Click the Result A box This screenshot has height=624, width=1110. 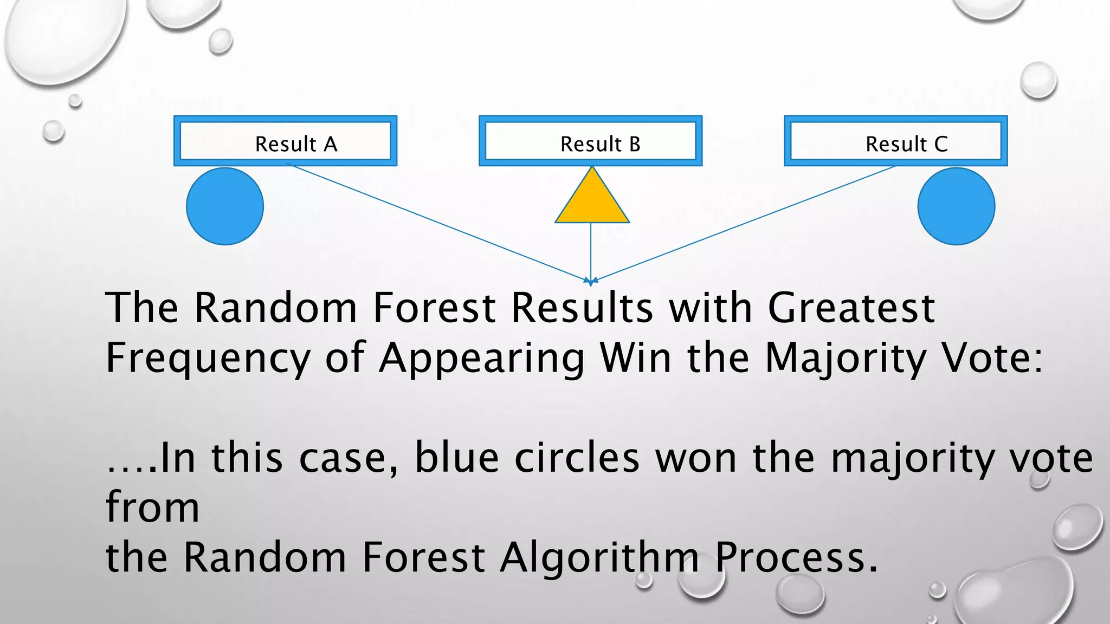click(x=285, y=141)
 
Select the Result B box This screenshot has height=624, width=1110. click(x=590, y=141)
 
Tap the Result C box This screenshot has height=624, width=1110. click(x=895, y=141)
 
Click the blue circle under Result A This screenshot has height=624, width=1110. click(x=225, y=206)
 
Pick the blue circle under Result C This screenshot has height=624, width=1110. click(x=956, y=206)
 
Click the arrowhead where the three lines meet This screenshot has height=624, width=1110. click(x=591, y=281)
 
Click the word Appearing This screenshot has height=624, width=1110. click(x=482, y=359)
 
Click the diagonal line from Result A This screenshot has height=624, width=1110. click(x=439, y=222)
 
